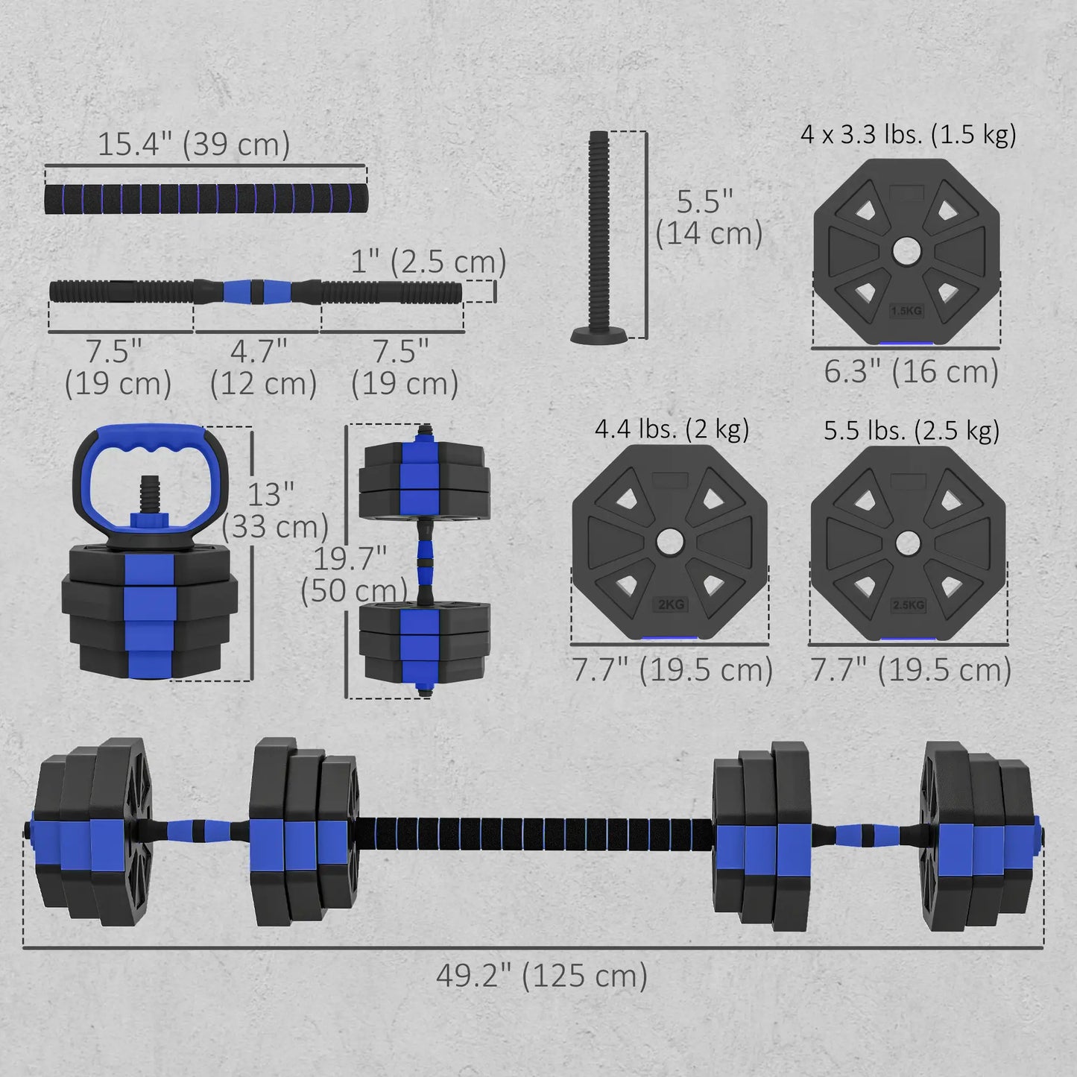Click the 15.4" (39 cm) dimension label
(194, 144)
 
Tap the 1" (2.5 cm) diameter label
(429, 262)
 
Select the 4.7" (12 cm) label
(262, 367)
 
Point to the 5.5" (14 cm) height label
(708, 218)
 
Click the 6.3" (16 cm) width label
(911, 371)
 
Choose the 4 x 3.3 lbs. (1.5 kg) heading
(908, 135)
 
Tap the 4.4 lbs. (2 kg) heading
(672, 429)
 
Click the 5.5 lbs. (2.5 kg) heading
(911, 431)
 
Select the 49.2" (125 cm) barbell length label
(542, 975)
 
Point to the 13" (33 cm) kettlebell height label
(274, 511)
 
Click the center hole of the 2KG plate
(669, 542)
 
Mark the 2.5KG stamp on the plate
(908, 604)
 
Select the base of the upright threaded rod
(599, 336)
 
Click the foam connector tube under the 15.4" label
(206, 198)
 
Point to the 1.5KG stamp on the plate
(906, 311)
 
